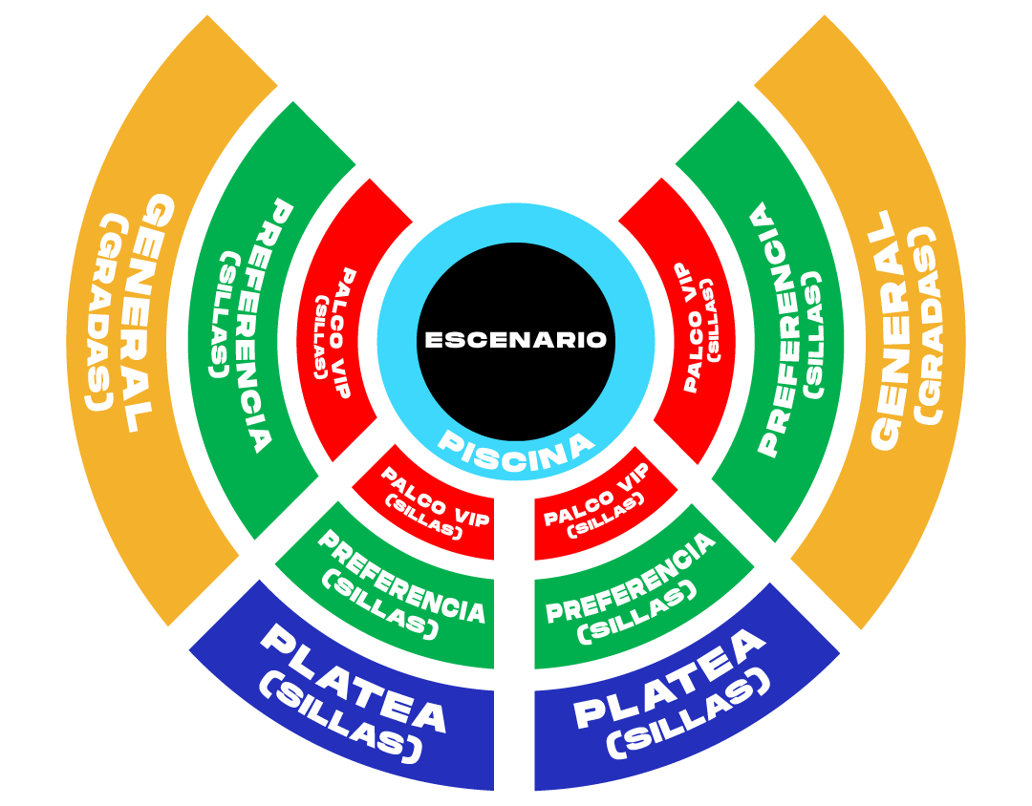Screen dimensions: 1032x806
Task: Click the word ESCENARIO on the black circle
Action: coord(515,340)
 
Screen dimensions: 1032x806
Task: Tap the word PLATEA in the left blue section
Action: coord(355,678)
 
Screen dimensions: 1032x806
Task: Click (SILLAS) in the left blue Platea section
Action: coord(339,716)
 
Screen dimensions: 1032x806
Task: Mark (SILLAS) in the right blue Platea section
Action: coord(688,714)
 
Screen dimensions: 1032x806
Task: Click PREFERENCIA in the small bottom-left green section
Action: coord(401,577)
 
